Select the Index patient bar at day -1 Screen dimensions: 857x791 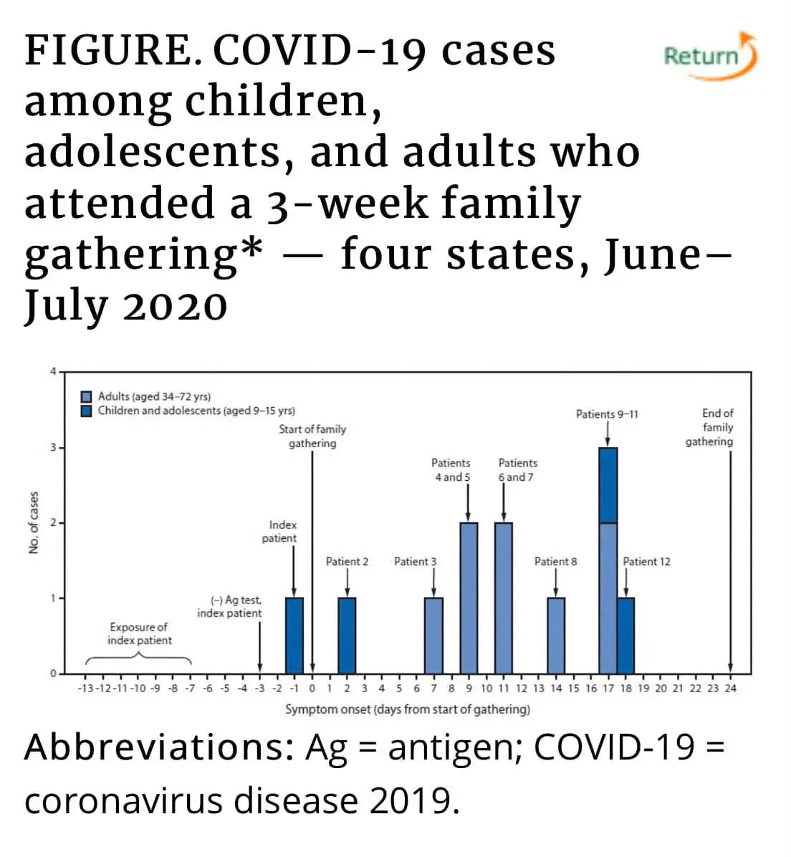click(294, 636)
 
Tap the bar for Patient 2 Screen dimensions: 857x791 click(347, 636)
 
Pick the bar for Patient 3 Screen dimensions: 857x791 click(433, 636)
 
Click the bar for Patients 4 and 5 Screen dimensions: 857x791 click(469, 598)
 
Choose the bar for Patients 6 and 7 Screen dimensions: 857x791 click(504, 598)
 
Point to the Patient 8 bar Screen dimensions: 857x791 click(556, 636)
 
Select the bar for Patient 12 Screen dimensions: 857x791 click(625, 636)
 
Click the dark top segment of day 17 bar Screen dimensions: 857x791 click(608, 485)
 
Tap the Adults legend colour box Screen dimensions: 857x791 click(87, 397)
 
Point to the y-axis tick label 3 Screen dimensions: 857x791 click(52, 448)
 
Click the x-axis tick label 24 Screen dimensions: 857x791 click(730, 689)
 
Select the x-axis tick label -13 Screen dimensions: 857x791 click(85, 689)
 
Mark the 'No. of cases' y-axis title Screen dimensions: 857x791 click(34, 522)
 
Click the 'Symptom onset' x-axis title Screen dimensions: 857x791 click(408, 709)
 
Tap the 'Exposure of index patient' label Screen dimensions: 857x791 click(139, 634)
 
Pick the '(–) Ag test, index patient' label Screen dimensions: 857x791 click(230, 607)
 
